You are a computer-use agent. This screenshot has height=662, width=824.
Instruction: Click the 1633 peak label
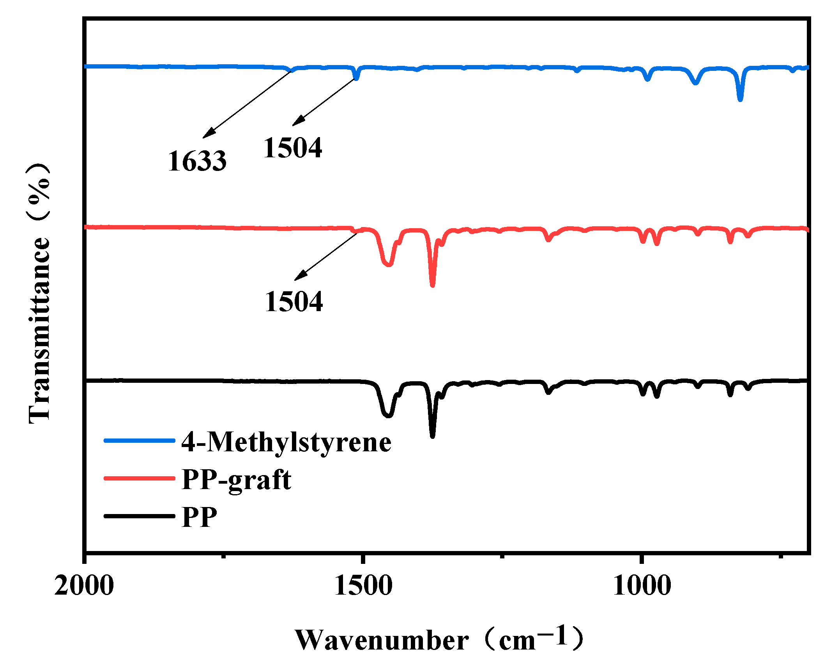click(x=197, y=161)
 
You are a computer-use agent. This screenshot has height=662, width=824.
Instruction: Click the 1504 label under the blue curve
click(x=293, y=148)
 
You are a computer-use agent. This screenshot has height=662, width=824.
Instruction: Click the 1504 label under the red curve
click(x=294, y=302)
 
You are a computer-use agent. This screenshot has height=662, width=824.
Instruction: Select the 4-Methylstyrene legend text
click(x=286, y=442)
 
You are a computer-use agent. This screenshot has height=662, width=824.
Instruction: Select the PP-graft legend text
click(x=237, y=480)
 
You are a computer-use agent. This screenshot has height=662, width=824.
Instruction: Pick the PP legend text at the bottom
click(x=199, y=517)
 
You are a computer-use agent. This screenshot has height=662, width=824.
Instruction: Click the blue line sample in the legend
click(x=139, y=440)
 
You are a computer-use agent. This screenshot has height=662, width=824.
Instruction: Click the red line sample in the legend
click(x=139, y=478)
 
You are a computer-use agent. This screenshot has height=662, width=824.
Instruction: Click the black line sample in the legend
click(x=139, y=516)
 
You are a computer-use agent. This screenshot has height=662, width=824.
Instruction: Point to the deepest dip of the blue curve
click(x=740, y=99)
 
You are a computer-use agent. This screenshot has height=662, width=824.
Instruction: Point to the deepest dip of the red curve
click(x=432, y=285)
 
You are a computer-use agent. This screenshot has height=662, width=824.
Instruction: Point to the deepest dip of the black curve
click(x=432, y=436)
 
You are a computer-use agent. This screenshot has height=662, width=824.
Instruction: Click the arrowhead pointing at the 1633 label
click(x=208, y=134)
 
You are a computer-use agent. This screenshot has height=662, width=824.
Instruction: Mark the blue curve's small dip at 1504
click(x=356, y=78)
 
